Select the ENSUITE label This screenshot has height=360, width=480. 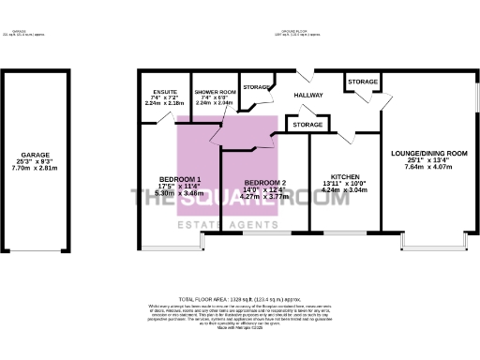165,92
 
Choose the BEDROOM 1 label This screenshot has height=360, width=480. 178,179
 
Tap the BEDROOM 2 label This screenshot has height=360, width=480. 265,182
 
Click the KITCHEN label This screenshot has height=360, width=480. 344,176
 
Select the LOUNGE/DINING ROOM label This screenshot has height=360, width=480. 428,153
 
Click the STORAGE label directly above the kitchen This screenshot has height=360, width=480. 307,124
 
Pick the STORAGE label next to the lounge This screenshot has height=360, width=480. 362,82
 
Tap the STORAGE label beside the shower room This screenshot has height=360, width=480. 255,87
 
